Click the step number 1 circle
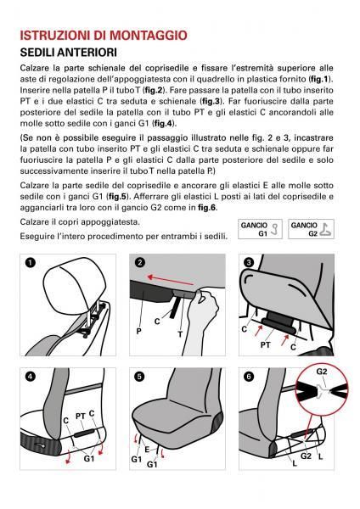31,264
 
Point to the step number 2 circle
141,264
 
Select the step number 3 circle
250,264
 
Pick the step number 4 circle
31,376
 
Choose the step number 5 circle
141,376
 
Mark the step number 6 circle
250,376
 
